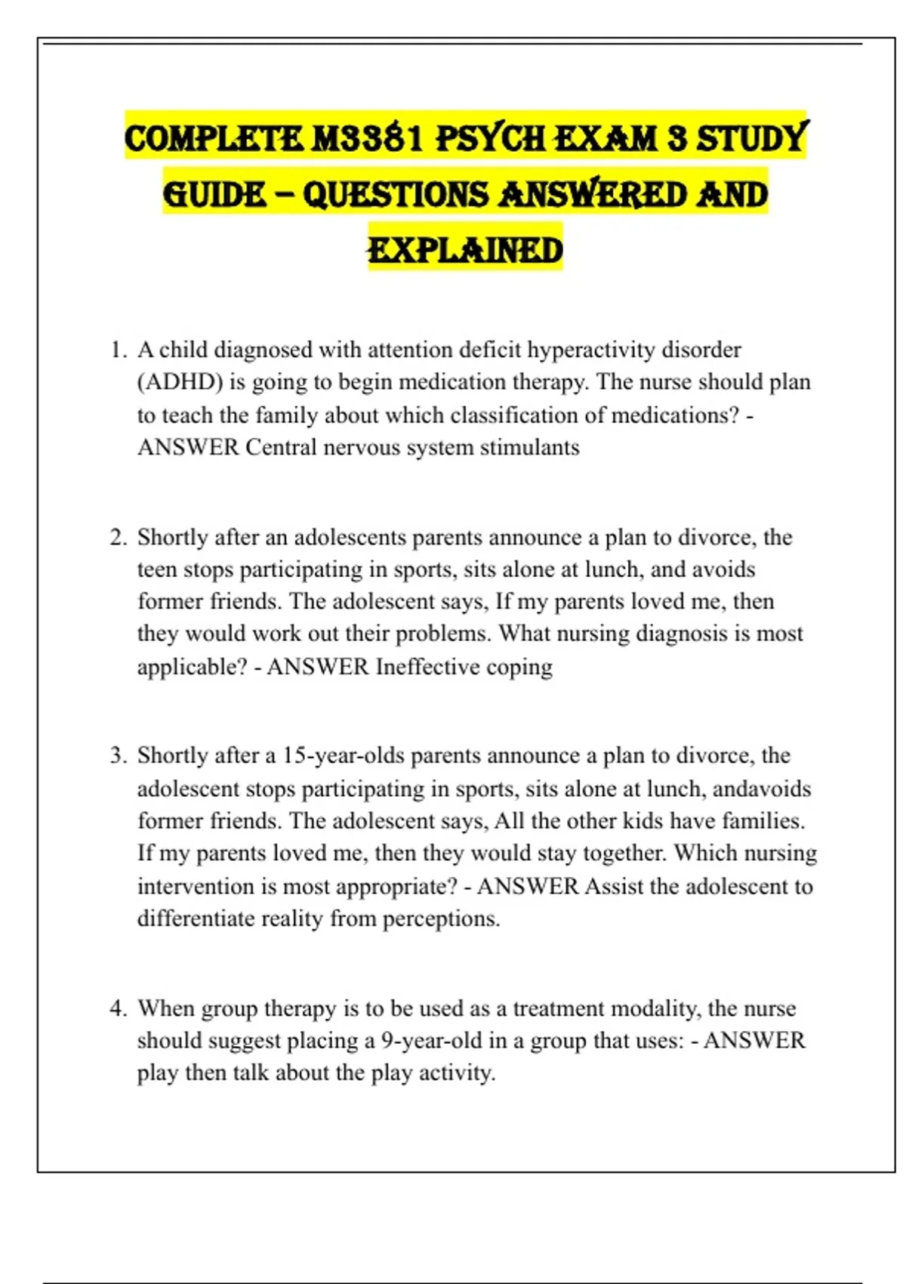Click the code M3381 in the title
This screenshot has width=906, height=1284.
coord(368,139)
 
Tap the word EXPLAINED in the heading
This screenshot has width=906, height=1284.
coord(465,250)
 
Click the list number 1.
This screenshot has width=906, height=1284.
coord(118,350)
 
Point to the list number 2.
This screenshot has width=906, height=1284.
coord(118,537)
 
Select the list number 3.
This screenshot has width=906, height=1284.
coord(118,755)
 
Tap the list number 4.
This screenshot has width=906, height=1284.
coord(118,1008)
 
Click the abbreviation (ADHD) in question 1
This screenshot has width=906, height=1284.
coord(180,382)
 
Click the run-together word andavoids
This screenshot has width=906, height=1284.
coord(762,789)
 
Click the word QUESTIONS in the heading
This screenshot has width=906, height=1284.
coord(396,195)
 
